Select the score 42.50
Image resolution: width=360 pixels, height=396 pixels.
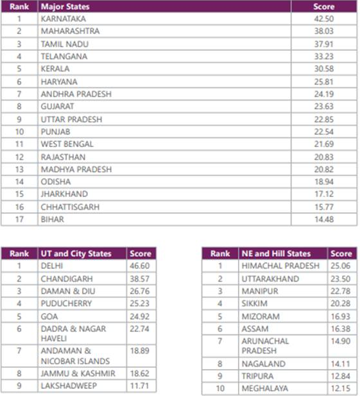(x=323, y=19)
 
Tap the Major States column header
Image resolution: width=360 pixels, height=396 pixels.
(x=64, y=6)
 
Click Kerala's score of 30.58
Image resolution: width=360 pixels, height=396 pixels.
(x=323, y=69)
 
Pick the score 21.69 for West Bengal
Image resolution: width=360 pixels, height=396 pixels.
(x=323, y=144)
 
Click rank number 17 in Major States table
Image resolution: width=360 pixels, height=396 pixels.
(x=19, y=219)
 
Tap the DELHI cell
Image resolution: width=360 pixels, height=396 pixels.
(x=51, y=266)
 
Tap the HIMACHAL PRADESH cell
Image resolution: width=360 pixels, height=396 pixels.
(x=280, y=266)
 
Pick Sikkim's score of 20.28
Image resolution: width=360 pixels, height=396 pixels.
(x=341, y=304)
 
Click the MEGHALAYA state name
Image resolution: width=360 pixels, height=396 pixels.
(x=266, y=389)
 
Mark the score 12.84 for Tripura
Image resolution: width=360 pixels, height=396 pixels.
(x=341, y=376)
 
